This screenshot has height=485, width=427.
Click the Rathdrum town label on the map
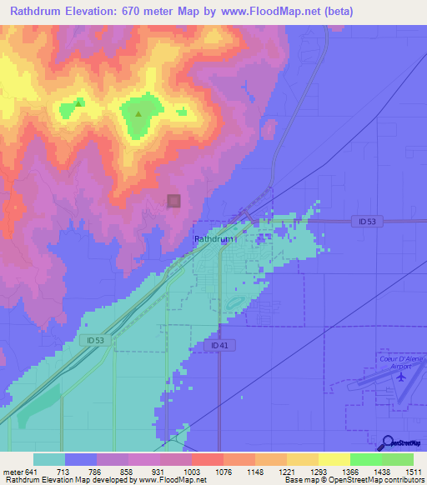tap(214, 239)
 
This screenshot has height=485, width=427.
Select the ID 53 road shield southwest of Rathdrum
tap(95, 340)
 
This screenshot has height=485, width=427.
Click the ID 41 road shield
tap(219, 345)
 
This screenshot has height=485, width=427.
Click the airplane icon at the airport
tap(401, 376)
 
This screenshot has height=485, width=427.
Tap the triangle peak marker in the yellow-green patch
tap(79, 103)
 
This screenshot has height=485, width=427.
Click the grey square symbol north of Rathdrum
tap(173, 201)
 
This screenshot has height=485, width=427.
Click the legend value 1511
tap(414, 472)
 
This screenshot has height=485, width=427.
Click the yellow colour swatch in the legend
tap(334, 459)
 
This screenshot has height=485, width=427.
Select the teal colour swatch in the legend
tap(48, 459)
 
